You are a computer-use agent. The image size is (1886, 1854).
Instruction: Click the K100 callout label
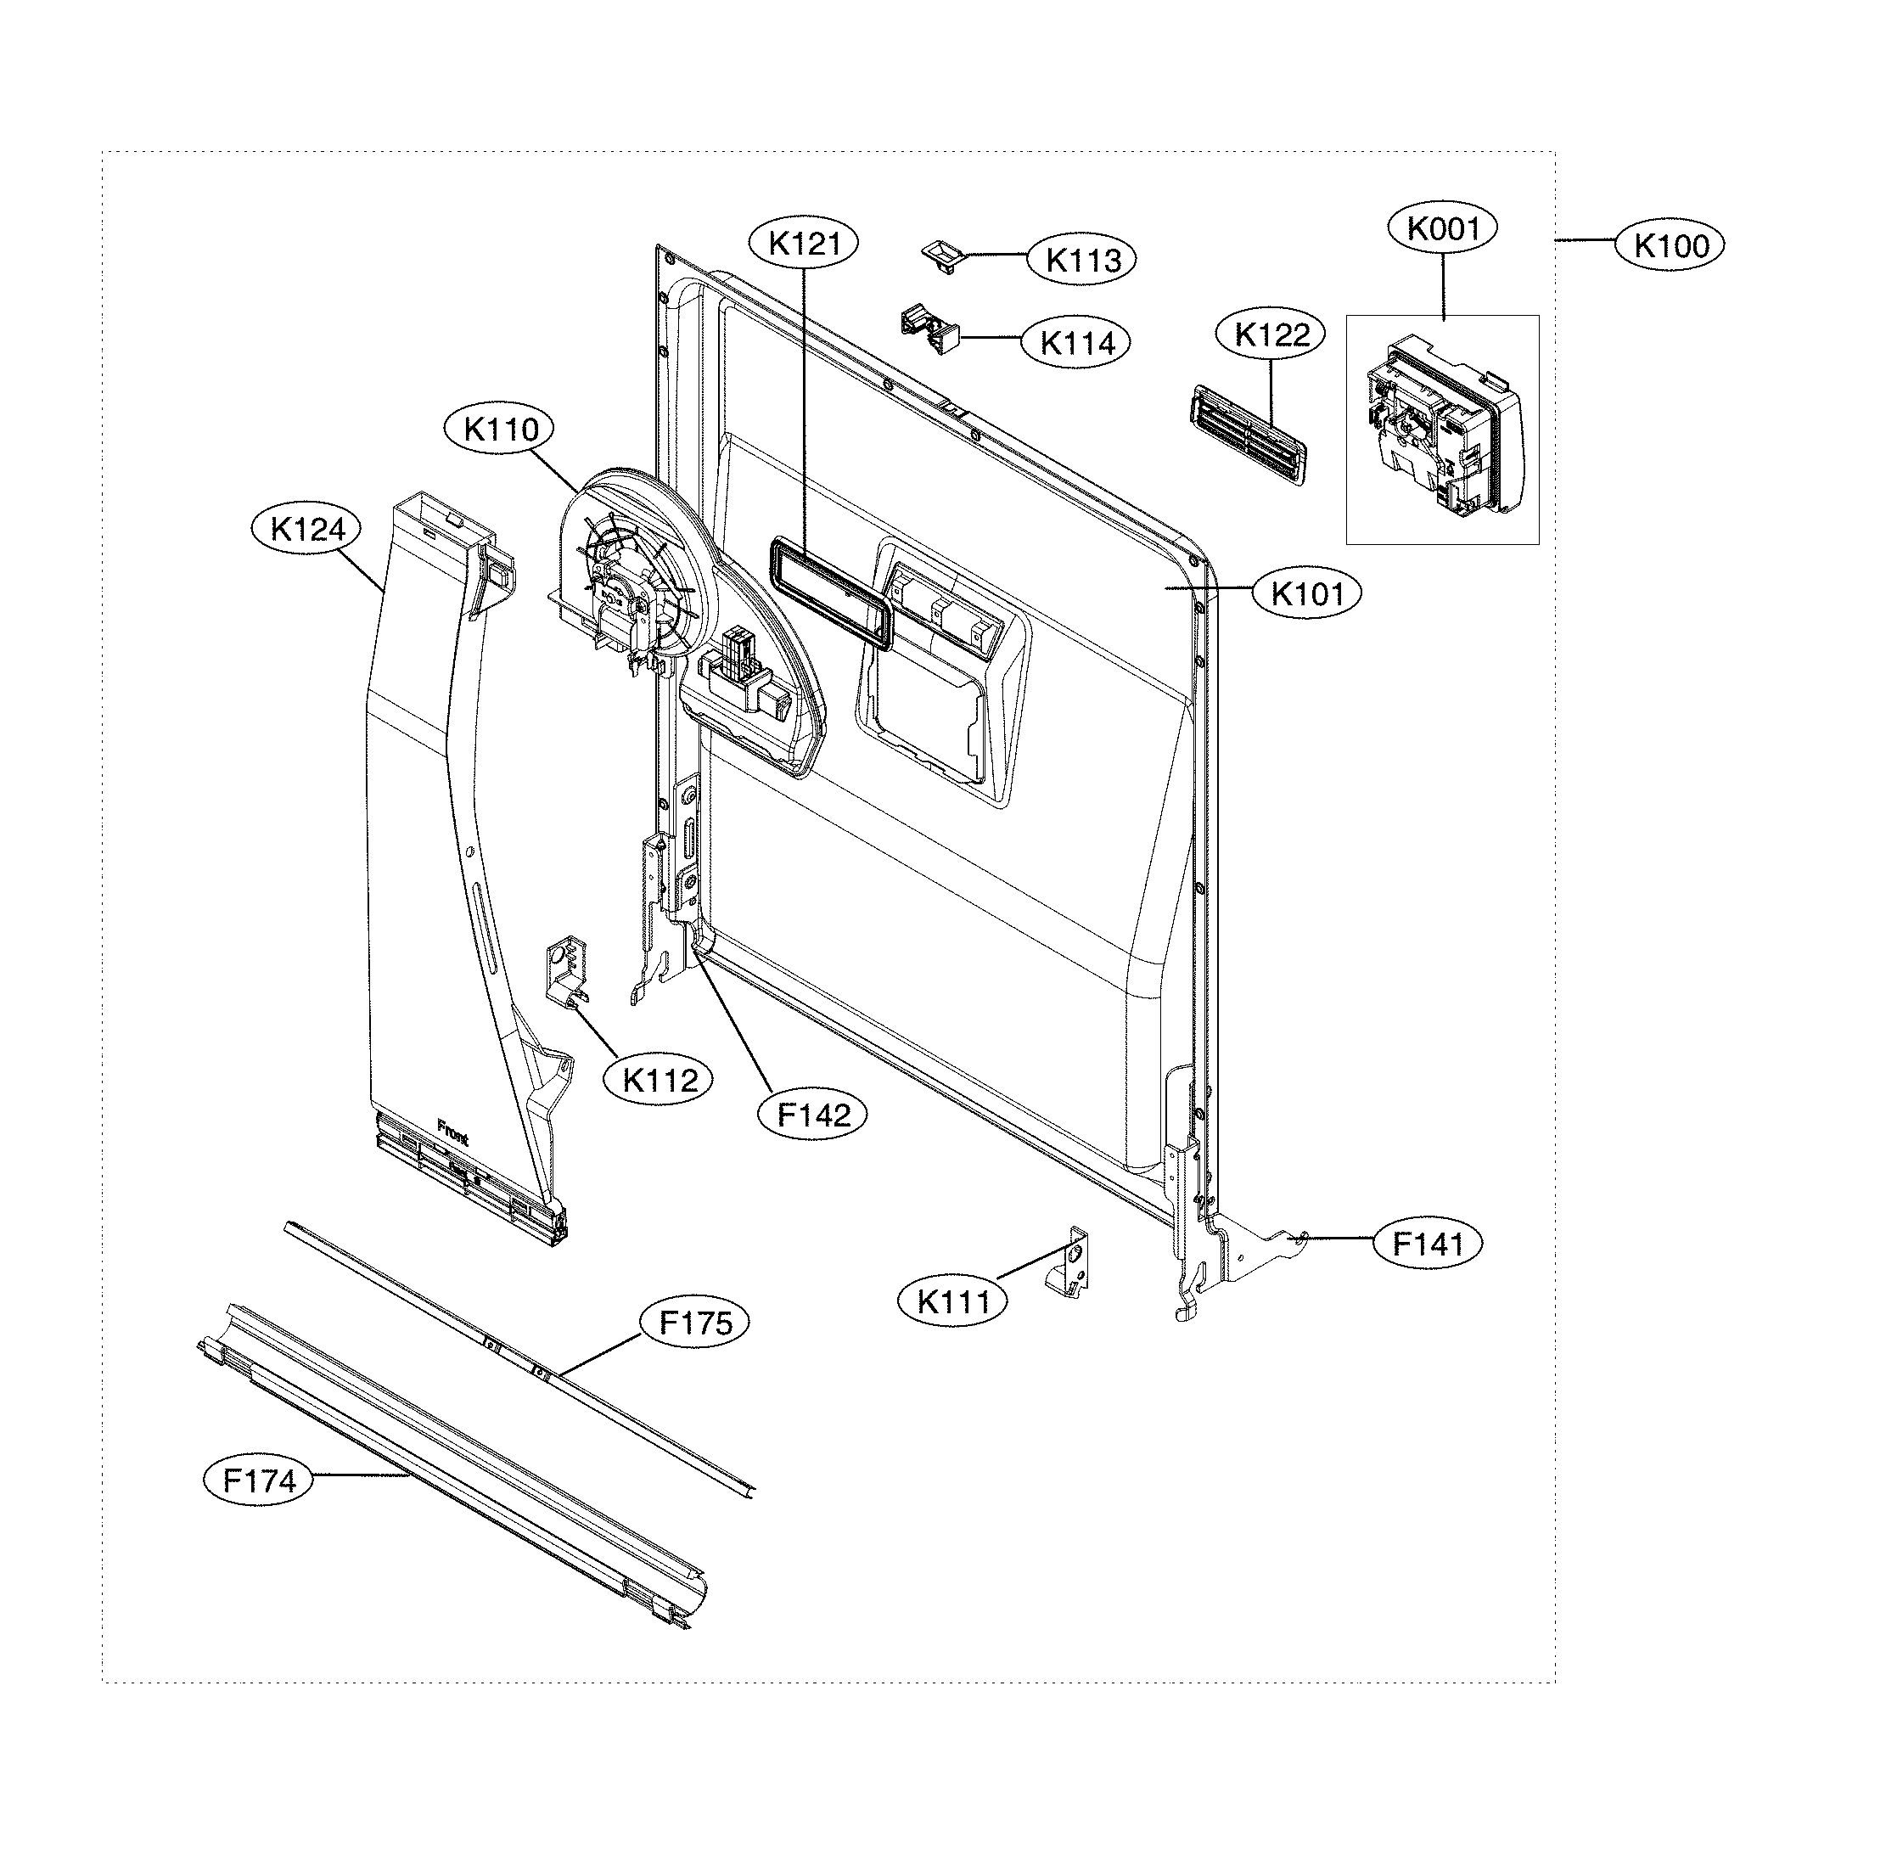point(1669,245)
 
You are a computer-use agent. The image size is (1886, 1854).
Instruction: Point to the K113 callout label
point(1081,260)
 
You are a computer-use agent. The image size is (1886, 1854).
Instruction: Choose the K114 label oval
point(1077,343)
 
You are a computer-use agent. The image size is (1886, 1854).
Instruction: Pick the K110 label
point(499,430)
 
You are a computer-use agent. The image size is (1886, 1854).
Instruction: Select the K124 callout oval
point(306,530)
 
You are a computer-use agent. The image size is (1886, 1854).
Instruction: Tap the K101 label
point(1306,593)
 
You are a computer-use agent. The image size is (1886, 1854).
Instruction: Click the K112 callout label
point(660,1080)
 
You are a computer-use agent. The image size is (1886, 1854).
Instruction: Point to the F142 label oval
point(813,1114)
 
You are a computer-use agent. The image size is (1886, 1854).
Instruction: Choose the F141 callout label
point(1428,1244)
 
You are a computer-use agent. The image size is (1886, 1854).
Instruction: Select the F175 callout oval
point(695,1323)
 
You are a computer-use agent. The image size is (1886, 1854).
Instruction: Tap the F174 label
point(259,1481)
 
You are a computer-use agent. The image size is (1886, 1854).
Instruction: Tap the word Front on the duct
point(452,1132)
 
